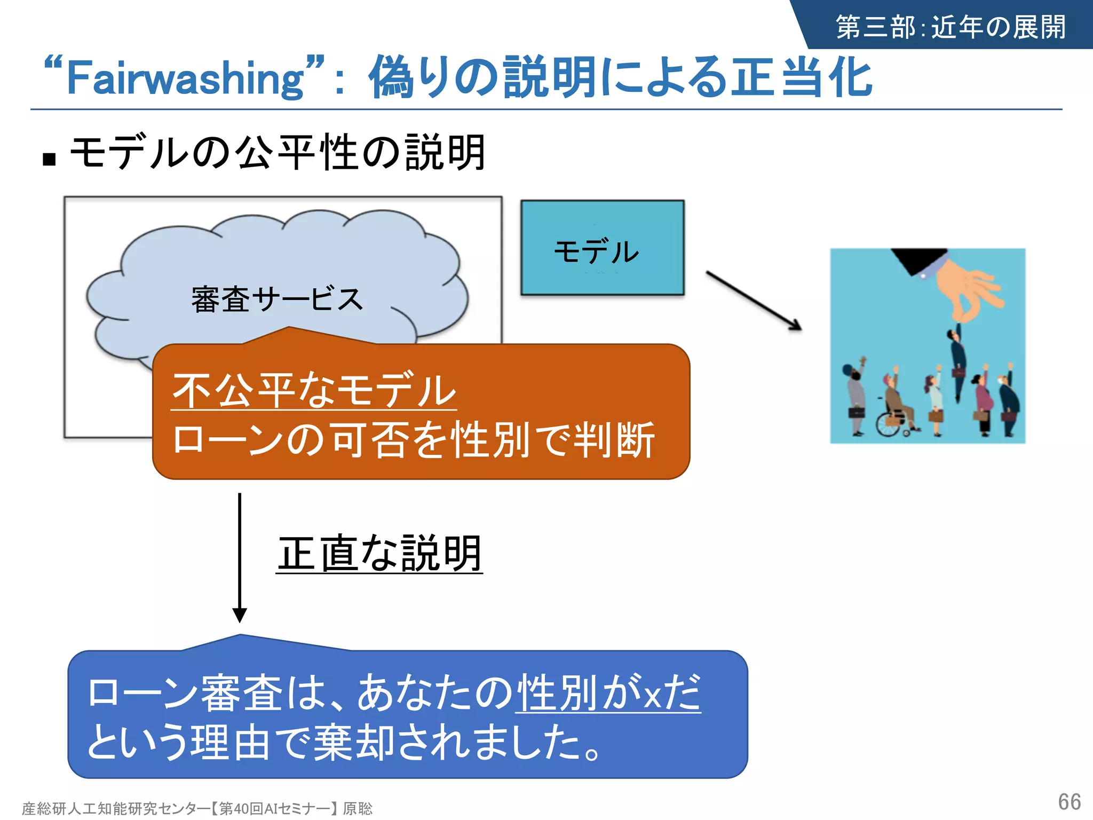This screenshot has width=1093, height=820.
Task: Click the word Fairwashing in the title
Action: tap(185, 78)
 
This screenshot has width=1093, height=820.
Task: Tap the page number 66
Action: tap(1069, 802)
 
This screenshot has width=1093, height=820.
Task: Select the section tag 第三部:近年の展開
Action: tap(951, 27)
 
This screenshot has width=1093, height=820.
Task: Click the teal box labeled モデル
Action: tap(602, 248)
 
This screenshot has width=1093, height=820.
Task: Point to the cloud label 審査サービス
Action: tap(277, 299)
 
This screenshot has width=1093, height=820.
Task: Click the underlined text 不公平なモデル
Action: tap(314, 390)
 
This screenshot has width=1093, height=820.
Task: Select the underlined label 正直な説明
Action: tap(379, 554)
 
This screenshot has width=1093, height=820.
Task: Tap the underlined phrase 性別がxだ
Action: tap(608, 693)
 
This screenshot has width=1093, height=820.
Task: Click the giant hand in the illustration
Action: tap(965, 289)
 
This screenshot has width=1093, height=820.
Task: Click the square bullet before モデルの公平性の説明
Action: tap(49, 159)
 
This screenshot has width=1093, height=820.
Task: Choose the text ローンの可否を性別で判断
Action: tap(414, 440)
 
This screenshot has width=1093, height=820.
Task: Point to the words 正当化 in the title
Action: tap(801, 78)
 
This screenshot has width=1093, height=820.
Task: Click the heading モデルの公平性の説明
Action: tap(278, 153)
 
